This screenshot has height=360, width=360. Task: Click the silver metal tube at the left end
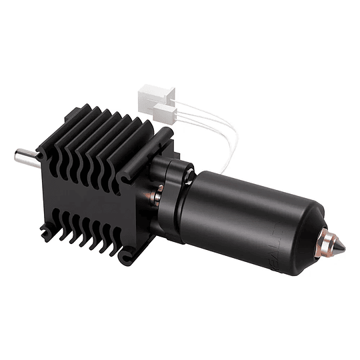click(25, 157)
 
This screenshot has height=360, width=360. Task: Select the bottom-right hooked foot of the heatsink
click(130, 254)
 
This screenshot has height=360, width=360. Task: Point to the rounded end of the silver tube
click(17, 157)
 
